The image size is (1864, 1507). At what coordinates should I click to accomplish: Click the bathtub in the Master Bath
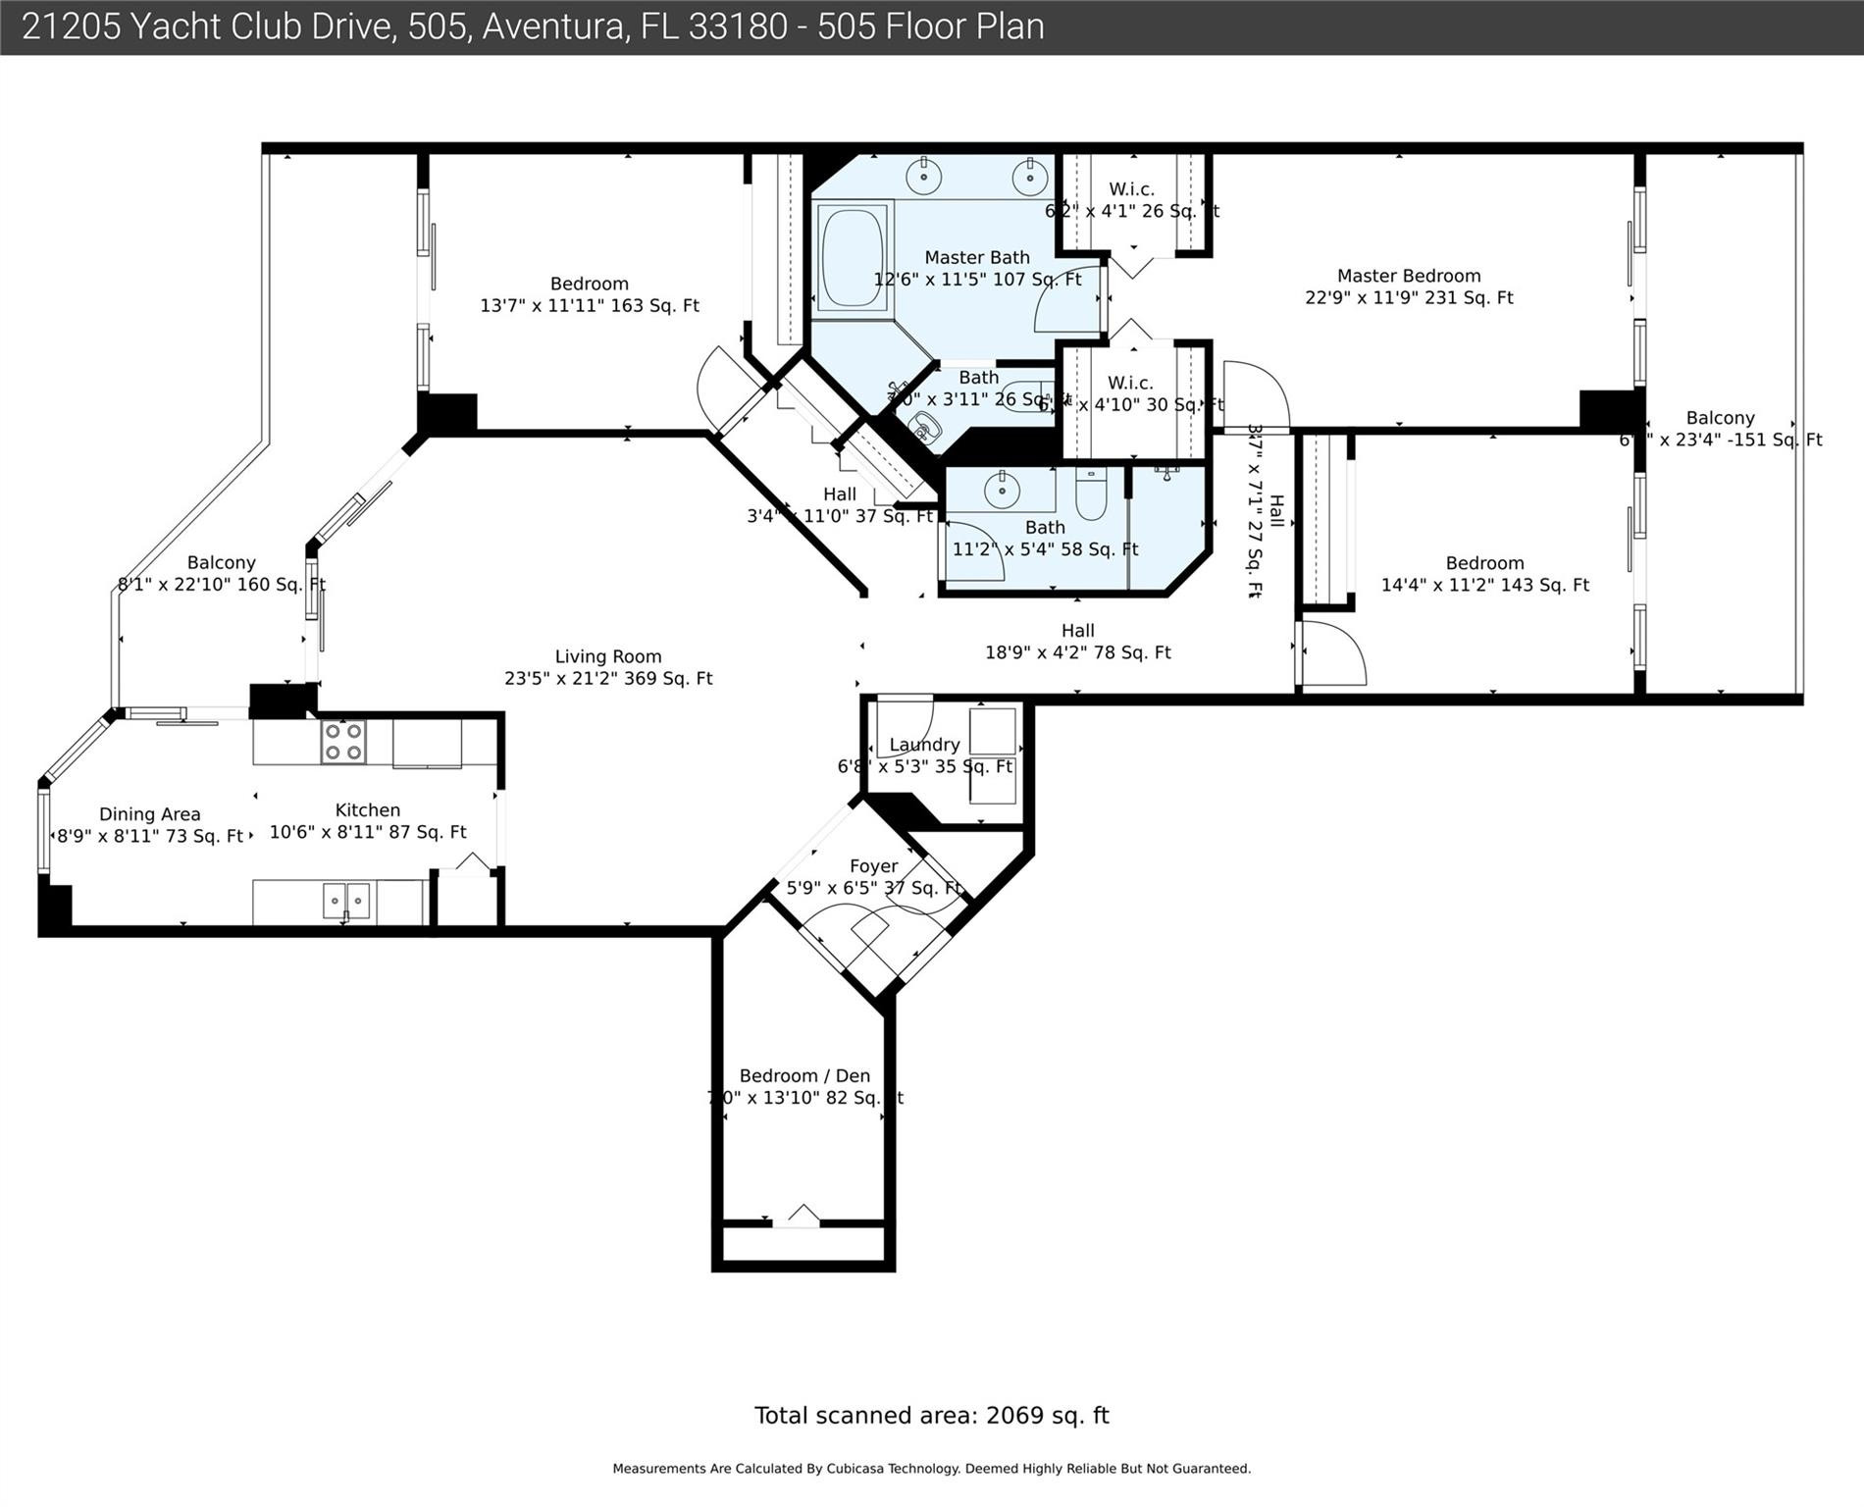coord(852,259)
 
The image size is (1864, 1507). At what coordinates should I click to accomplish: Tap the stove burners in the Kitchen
coord(343,742)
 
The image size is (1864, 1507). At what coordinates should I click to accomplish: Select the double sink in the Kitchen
coord(347,900)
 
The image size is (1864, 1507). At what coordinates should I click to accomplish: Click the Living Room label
coord(608,656)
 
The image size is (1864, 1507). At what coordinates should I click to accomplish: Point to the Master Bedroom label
coord(1408,276)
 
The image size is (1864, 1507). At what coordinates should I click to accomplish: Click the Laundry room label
coord(924,745)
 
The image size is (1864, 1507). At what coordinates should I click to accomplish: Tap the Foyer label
coord(873,866)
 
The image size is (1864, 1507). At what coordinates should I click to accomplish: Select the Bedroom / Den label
coord(804,1075)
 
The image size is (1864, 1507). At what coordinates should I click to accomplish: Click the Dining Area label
coord(149,814)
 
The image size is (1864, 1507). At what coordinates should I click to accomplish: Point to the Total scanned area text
coord(931,1416)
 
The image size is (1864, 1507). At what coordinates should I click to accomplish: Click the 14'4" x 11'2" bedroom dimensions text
coord(1484,586)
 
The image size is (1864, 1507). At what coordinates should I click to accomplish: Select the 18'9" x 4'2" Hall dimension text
coord(1077,652)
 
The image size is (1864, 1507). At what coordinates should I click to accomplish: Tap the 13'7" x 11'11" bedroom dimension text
coord(589,306)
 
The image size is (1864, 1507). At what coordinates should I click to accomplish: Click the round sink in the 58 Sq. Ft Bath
coord(1002,491)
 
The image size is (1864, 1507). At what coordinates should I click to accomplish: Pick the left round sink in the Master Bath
coord(923,178)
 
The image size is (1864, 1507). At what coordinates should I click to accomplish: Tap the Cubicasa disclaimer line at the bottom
coord(931,1469)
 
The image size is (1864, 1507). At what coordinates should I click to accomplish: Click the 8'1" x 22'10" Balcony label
coord(221,574)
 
